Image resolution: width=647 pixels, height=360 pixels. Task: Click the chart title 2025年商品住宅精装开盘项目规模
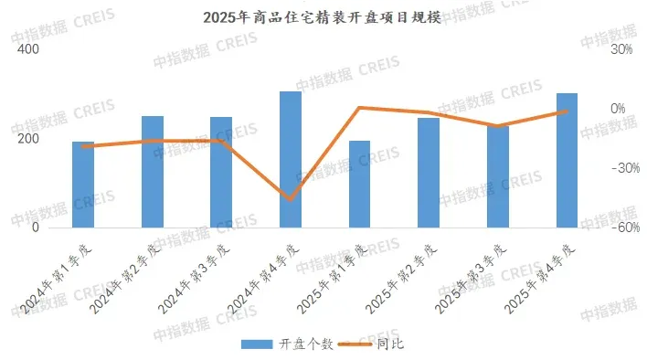click(x=323, y=17)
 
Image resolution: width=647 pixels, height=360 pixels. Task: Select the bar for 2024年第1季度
click(x=83, y=185)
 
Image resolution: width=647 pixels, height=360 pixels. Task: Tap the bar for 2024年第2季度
click(x=153, y=172)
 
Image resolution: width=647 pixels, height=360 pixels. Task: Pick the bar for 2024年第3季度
click(x=221, y=172)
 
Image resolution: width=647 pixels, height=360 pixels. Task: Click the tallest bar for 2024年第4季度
click(x=291, y=159)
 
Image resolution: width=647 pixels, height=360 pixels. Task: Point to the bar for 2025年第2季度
click(x=429, y=173)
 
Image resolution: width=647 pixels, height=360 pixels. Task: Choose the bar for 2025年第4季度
click(x=567, y=160)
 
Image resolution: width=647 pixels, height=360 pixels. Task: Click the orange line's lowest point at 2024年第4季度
click(x=291, y=199)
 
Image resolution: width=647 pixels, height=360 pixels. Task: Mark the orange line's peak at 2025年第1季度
click(x=360, y=108)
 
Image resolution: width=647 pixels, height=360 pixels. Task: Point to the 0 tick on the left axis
click(x=35, y=228)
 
